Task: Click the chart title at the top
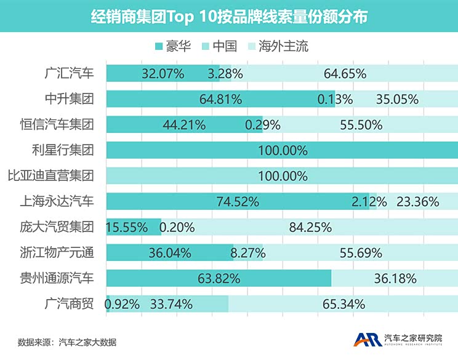(229, 16)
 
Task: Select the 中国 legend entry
(224, 46)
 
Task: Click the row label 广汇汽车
(70, 73)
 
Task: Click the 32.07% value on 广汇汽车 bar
(163, 74)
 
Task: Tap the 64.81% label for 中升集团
(222, 99)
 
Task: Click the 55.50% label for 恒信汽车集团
(361, 125)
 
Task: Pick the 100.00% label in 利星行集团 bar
(283, 150)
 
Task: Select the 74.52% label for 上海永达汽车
(238, 201)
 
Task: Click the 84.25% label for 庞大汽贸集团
(310, 227)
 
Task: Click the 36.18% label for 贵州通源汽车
(395, 278)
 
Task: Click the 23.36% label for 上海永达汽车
(418, 201)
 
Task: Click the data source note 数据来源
(67, 342)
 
